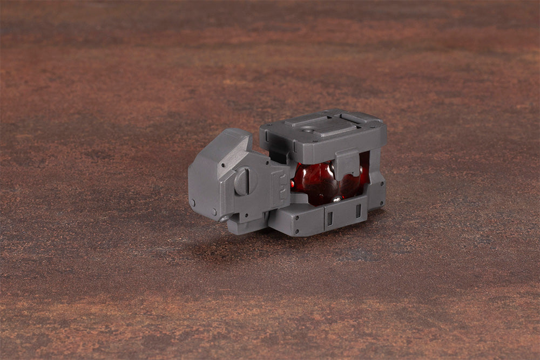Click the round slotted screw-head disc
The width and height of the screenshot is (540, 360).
[242, 182]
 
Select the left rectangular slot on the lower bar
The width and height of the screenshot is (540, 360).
[329, 218]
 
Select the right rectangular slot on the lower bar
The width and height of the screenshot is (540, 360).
[357, 210]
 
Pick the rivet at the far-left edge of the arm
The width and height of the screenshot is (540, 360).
[192, 202]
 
